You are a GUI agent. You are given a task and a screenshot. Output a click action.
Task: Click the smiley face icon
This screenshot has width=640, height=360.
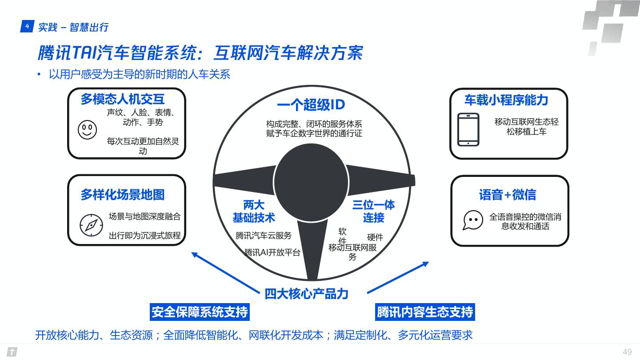point(87,129)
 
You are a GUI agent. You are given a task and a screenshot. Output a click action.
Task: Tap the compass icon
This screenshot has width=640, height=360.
point(91,225)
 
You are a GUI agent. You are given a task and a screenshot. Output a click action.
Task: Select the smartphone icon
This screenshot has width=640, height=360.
point(468,129)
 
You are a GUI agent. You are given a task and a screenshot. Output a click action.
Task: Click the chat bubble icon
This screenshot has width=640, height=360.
point(472,220)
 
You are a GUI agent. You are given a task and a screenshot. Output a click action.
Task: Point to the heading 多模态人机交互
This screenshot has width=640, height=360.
point(122,99)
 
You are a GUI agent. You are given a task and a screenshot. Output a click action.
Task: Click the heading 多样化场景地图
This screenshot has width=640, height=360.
point(122,195)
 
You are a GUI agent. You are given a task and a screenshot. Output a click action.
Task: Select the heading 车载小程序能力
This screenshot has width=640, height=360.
point(506,100)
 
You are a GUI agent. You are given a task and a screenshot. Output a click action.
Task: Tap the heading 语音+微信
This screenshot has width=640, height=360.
point(508,195)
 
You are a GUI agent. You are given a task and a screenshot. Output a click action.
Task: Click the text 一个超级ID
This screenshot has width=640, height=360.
point(311,105)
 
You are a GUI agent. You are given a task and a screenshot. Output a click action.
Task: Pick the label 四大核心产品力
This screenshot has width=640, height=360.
point(307,294)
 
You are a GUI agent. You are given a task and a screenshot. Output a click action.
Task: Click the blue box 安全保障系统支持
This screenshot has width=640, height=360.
point(200,312)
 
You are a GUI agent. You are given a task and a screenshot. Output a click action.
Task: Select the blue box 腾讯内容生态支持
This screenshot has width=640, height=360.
point(425,312)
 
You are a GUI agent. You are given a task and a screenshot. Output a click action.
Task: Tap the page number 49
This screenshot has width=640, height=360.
point(627,352)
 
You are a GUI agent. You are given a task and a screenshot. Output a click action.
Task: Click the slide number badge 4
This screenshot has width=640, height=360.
point(27,27)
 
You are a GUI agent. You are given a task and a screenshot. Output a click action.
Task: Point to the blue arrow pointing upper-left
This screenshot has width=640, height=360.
point(224,272)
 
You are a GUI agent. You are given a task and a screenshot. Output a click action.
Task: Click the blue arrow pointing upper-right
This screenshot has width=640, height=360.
point(398,278)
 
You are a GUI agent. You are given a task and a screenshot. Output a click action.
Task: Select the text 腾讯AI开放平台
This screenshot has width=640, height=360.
point(272,252)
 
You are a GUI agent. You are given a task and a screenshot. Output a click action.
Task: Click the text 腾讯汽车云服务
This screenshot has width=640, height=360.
point(264,236)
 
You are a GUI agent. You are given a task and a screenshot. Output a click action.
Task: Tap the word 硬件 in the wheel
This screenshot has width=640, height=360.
point(375,238)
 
